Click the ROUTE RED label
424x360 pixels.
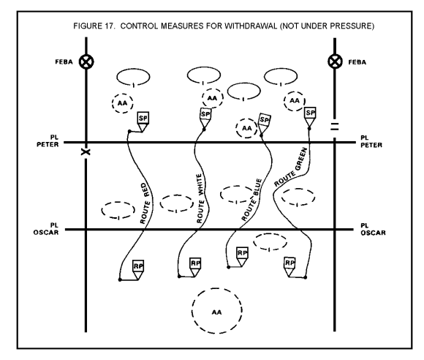[145, 203]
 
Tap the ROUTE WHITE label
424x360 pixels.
[200, 198]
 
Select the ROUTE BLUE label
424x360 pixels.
[251, 200]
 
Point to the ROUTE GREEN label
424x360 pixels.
[291, 167]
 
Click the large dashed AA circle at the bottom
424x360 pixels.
[217, 288]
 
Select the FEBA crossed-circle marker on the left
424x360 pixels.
[86, 62]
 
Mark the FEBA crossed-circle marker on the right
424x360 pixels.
[335, 61]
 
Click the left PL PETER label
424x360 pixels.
[48, 141]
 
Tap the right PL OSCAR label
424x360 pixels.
[373, 229]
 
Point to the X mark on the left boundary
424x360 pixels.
[86, 152]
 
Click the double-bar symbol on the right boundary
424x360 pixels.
[335, 127]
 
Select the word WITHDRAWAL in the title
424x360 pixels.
[251, 26]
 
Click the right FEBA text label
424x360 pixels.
[357, 62]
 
